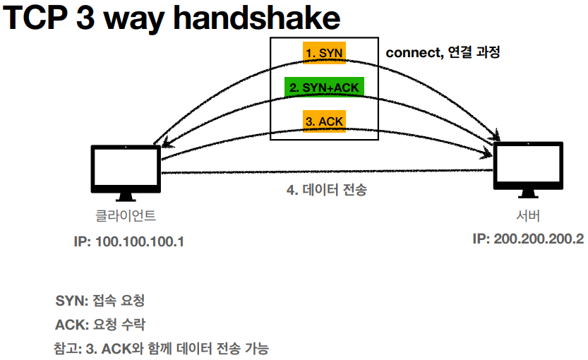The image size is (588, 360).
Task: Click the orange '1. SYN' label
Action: tap(325, 53)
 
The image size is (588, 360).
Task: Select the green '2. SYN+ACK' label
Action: tap(325, 87)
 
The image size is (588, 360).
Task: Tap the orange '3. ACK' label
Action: tap(325, 121)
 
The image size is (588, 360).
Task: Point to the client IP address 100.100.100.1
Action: tap(128, 241)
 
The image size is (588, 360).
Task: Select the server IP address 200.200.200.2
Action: tap(528, 239)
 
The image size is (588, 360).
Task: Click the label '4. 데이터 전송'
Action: tap(327, 191)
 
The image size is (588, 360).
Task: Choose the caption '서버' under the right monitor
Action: tap(528, 215)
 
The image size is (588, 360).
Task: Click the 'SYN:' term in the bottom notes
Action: tap(71, 301)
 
